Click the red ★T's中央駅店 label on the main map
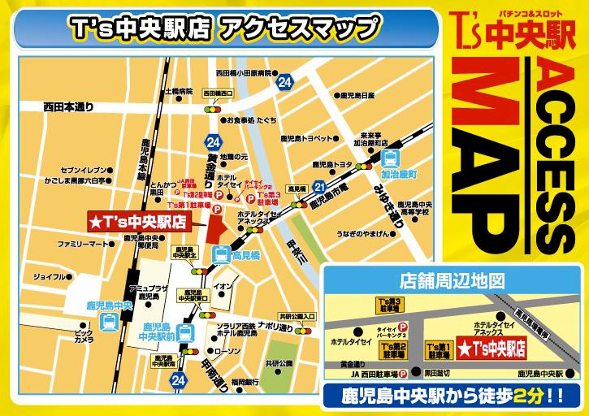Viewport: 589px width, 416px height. (x=137, y=221)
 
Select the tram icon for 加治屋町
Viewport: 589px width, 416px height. (x=392, y=157)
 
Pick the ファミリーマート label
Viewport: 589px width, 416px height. (x=78, y=244)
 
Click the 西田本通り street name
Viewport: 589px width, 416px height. (x=69, y=106)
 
